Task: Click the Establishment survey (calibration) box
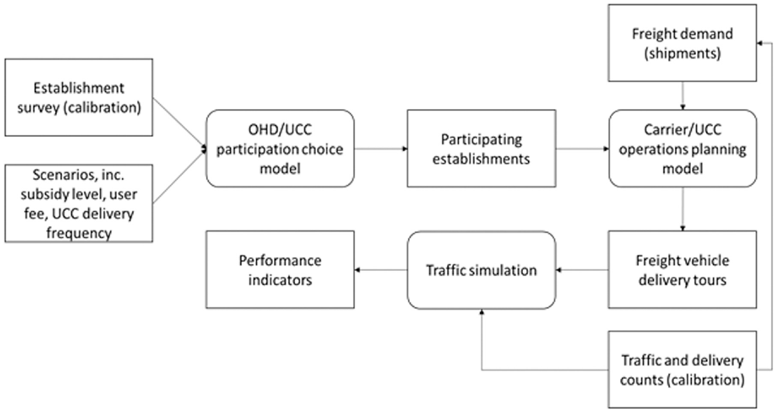(x=79, y=98)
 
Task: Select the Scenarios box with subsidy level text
(x=79, y=204)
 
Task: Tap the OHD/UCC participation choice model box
(x=280, y=149)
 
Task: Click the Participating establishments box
(x=481, y=149)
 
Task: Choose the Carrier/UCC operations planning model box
(x=683, y=149)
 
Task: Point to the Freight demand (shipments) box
(x=682, y=43)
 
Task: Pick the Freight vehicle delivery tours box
(x=682, y=270)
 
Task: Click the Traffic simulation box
(x=481, y=270)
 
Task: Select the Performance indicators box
(x=280, y=270)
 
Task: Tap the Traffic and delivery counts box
(x=682, y=370)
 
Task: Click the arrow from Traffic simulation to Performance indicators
(x=381, y=270)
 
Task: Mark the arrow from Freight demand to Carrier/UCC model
(x=683, y=96)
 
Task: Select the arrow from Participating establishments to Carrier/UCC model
(x=582, y=149)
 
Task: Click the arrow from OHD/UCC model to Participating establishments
(x=381, y=149)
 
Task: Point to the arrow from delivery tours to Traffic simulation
(x=582, y=270)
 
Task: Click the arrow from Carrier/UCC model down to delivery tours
(x=683, y=209)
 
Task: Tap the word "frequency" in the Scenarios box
(x=79, y=233)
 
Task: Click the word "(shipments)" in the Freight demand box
(x=682, y=54)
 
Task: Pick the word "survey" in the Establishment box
(x=38, y=108)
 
